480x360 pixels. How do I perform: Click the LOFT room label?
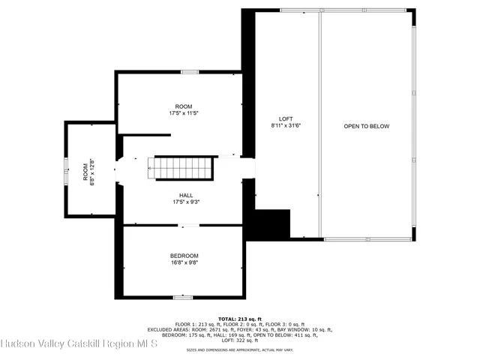click(x=286, y=118)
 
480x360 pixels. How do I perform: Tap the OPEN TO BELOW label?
click(x=367, y=126)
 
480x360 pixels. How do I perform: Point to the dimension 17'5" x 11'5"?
click(x=184, y=113)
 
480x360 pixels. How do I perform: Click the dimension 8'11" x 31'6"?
click(x=286, y=126)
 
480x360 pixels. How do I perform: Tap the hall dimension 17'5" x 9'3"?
click(x=186, y=202)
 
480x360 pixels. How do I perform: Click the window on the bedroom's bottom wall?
click(x=183, y=298)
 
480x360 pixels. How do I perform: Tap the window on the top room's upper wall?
click(x=190, y=73)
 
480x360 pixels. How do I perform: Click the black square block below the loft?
click(x=273, y=223)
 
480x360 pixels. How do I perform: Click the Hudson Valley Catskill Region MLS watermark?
click(x=79, y=344)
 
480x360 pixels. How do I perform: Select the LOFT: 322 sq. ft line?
click(x=240, y=340)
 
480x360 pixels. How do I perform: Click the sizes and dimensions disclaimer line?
click(x=240, y=349)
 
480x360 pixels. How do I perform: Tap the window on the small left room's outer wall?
click(x=65, y=169)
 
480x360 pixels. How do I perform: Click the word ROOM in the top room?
click(x=184, y=106)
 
